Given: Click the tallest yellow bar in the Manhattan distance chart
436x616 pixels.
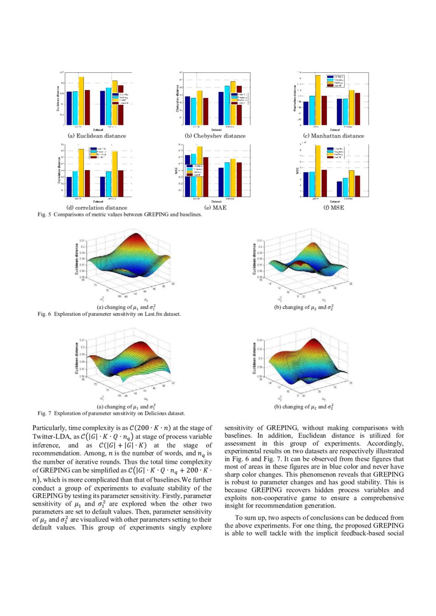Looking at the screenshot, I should pyautogui.click(x=317, y=100).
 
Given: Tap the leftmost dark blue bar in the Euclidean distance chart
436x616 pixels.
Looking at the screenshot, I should pyautogui.click(x=69, y=108).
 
